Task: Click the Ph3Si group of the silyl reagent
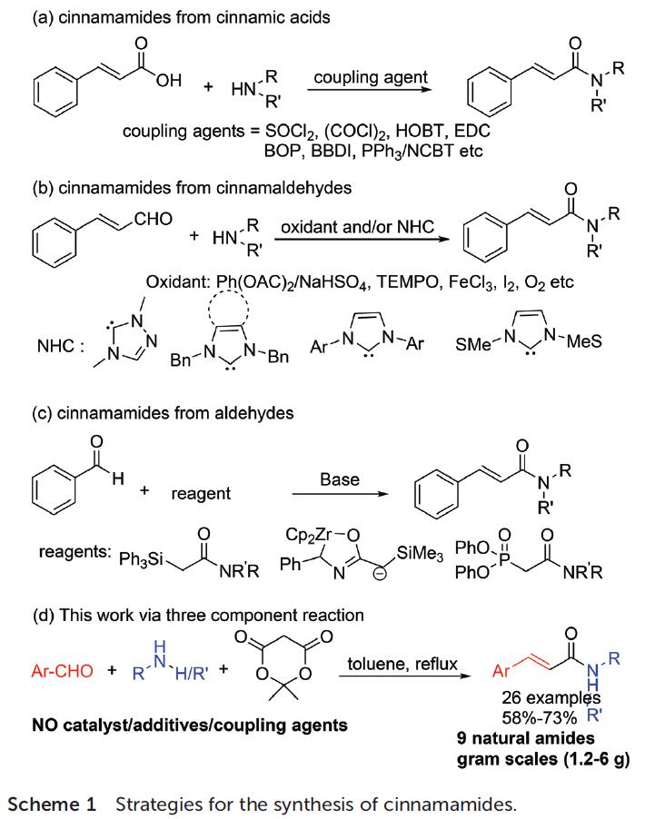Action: (x=142, y=556)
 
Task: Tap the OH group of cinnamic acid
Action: (x=167, y=79)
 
